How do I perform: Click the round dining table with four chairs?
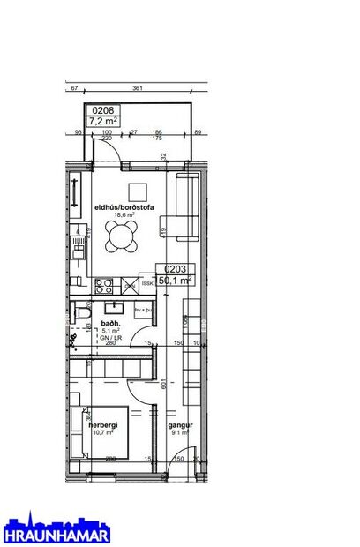123,236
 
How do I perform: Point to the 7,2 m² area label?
102,122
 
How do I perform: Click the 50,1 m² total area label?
175,281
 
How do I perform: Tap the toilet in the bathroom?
82,313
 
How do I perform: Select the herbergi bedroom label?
104,424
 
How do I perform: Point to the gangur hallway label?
181,424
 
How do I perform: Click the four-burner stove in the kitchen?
104,285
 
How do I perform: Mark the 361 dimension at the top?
137,88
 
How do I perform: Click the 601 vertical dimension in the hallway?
162,383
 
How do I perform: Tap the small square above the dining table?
137,191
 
